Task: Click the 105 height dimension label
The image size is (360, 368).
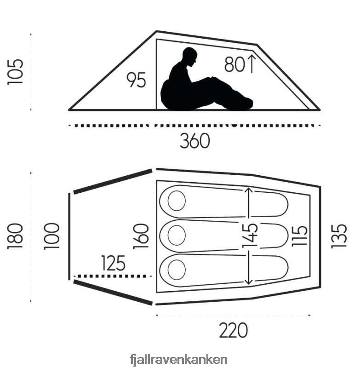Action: tap(15, 72)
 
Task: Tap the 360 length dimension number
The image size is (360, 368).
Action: tap(194, 141)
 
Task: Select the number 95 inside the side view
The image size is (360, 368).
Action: tap(136, 80)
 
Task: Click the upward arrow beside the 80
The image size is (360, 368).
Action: tap(251, 63)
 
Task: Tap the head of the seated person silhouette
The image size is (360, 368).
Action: tap(190, 56)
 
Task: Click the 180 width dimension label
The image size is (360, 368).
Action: tap(15, 236)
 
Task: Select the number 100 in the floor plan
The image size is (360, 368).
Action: tap(51, 236)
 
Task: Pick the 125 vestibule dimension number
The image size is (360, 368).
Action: tap(113, 263)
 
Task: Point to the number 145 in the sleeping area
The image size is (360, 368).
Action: tap(250, 236)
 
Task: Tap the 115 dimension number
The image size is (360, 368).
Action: tap(299, 236)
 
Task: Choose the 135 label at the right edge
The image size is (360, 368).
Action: tap(339, 236)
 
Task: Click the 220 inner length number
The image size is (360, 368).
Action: tap(234, 330)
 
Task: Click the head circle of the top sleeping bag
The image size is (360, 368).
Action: tap(177, 201)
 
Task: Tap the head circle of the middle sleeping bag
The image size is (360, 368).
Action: tap(177, 235)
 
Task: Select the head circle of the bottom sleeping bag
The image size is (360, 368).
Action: tap(177, 270)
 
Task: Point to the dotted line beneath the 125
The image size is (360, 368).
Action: tap(113, 276)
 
